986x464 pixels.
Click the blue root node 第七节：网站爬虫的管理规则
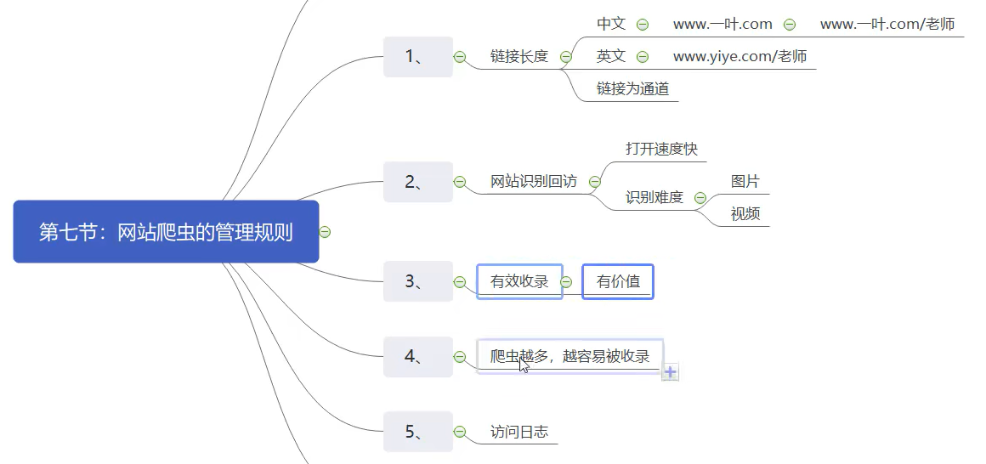coord(166,231)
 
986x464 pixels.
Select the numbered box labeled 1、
coord(417,57)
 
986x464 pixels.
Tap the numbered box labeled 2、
coord(417,181)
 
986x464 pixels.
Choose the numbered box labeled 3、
coord(417,281)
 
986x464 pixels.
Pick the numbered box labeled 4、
coord(417,357)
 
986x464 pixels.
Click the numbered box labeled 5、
coord(417,432)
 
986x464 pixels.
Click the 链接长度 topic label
coord(519,57)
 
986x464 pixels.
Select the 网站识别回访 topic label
coord(534,181)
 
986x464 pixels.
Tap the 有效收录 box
coord(519,281)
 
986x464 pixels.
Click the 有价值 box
coord(618,281)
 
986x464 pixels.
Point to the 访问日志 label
coord(519,432)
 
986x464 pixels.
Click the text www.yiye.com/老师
coord(739,57)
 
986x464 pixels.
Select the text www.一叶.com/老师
coord(887,25)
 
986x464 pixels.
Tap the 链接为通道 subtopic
coord(632,88)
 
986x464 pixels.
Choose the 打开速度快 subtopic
coord(661,149)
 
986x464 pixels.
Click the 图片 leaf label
coord(745,181)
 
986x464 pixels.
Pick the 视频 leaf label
coord(745,213)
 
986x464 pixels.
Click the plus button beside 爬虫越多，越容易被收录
coord(671,372)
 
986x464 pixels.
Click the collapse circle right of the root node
coord(325,231)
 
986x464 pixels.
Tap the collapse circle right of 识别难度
coord(700,198)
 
